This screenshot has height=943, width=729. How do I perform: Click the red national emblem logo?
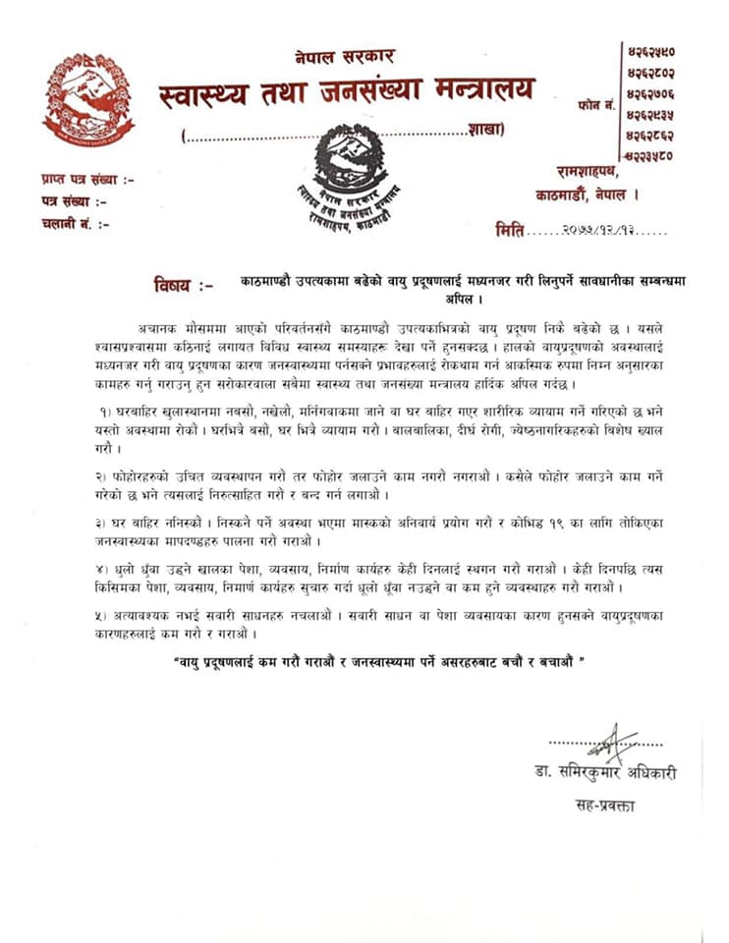coord(88,101)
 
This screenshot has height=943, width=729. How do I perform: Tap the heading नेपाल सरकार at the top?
coord(344,57)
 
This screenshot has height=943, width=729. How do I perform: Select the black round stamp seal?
coord(351,178)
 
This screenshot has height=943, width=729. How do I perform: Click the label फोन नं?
coord(597,103)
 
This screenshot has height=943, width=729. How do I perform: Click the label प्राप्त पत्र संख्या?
coord(87,179)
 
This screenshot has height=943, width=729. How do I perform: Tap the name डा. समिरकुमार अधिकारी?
coord(599,773)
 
